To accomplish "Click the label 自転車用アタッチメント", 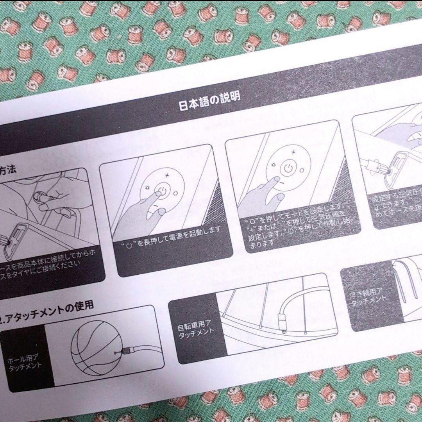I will pyautogui.click(x=194, y=327).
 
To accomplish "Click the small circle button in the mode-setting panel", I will pyautogui.click(x=302, y=169).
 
